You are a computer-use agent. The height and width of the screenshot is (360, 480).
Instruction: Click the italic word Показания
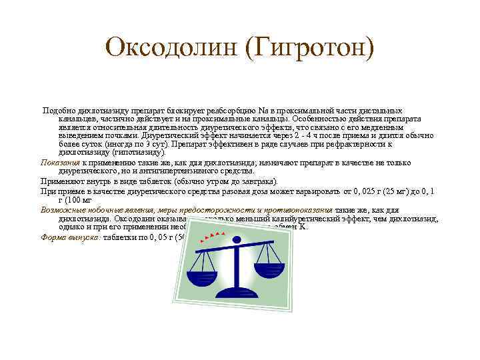[x=61, y=162]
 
